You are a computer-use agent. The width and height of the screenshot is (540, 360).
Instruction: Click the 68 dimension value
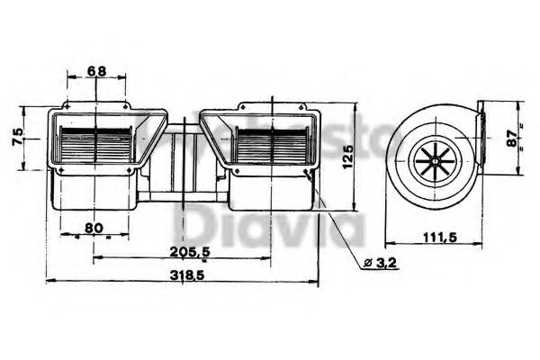pos(96,71)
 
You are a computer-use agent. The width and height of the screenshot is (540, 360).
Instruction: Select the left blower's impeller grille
pos(97,144)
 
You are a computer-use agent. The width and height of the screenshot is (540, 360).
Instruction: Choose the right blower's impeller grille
pos(269,144)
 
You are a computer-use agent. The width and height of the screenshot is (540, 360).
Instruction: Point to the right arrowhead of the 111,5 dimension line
pos(481,243)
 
